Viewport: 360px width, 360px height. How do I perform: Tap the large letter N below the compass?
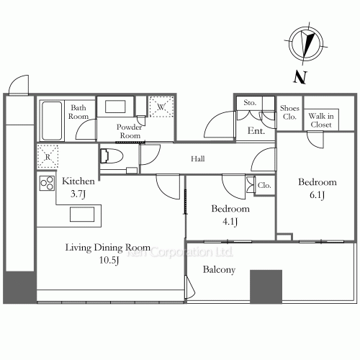[x=300, y=77]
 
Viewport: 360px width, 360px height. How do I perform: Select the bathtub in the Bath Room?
[x=52, y=120]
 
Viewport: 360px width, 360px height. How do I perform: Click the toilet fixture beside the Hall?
[x=112, y=156]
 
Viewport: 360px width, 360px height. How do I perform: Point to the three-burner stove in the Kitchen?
[x=47, y=184]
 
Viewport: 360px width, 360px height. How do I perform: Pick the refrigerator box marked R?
[x=48, y=156]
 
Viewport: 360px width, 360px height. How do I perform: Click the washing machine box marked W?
[x=161, y=107]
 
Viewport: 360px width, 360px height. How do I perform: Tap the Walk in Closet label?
[x=321, y=120]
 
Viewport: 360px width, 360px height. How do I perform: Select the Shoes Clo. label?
[x=289, y=112]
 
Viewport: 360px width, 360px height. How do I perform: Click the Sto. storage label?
[x=250, y=103]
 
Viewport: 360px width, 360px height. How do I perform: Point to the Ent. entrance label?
[x=256, y=131]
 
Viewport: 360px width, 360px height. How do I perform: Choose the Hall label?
[x=198, y=158]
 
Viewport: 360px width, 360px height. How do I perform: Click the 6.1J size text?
[x=317, y=195]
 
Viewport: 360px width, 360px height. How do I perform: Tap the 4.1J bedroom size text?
[x=230, y=222]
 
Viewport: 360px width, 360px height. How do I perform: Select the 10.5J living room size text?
[x=109, y=260]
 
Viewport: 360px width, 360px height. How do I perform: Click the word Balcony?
[x=219, y=270]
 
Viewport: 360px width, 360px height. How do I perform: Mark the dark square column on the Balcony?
[x=266, y=287]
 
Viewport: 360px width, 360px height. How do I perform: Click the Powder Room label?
[x=130, y=131]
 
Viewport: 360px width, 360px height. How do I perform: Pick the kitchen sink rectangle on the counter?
[x=82, y=214]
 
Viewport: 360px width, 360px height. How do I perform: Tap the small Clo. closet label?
[x=264, y=185]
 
